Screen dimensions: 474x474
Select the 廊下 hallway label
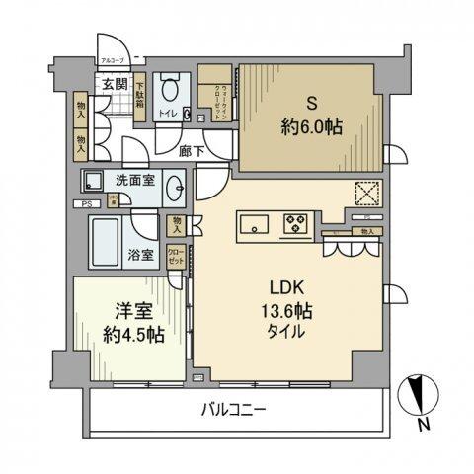point(193,152)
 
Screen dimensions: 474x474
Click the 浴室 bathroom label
point(140,254)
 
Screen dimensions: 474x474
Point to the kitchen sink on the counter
point(254,226)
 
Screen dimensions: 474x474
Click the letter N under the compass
point(423,426)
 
